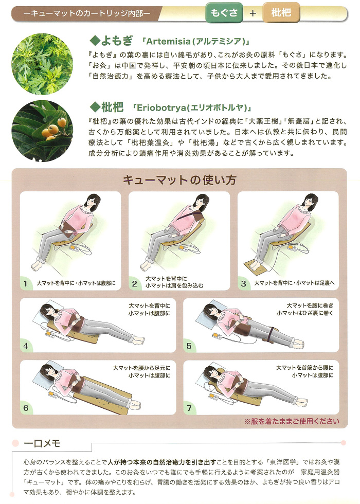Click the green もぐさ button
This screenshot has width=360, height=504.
coord(224,13)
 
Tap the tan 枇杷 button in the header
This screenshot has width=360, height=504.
coord(281,13)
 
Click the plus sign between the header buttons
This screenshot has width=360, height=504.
coord(253,13)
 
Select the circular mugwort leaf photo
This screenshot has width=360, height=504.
coord(42,64)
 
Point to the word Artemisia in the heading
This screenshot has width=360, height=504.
coord(168,41)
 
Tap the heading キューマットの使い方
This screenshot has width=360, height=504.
coord(179,180)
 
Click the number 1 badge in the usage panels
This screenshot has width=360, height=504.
coord(26,283)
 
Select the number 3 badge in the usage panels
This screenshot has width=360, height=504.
coord(243,283)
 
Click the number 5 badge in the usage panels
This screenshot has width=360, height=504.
coord(189,346)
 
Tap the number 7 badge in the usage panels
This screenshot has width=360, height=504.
coord(189,408)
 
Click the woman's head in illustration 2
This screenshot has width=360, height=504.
coord(201,202)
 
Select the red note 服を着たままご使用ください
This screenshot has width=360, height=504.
coord(292,421)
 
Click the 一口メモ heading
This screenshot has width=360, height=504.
coord(42,443)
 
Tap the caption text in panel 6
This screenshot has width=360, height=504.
coord(141,371)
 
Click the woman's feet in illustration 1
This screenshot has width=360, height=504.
coord(39,266)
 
